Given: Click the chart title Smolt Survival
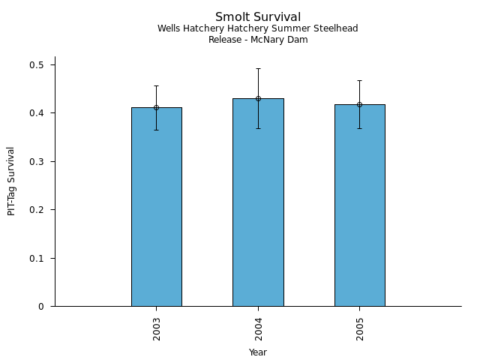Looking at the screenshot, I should pos(258,17).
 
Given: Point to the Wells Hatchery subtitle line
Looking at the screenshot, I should pos(258,28).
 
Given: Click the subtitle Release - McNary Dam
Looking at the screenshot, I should pos(258,40).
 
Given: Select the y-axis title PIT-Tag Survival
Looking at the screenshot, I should pos(11,181).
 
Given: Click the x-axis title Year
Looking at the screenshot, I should pos(258,352).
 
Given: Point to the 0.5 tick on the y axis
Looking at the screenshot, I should pos(37,65).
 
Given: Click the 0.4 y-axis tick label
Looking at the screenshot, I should pos(37,113).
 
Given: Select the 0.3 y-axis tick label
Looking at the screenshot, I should pos(37,162).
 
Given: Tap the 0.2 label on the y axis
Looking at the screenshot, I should pos(37,210).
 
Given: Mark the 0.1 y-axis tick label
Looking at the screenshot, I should pos(37,259).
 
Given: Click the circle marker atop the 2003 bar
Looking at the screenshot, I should pos(156,107).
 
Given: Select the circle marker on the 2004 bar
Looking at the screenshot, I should pos(258,98).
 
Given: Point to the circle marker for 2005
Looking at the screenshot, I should pos(359,104).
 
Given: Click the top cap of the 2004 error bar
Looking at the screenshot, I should pos(258,69).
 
